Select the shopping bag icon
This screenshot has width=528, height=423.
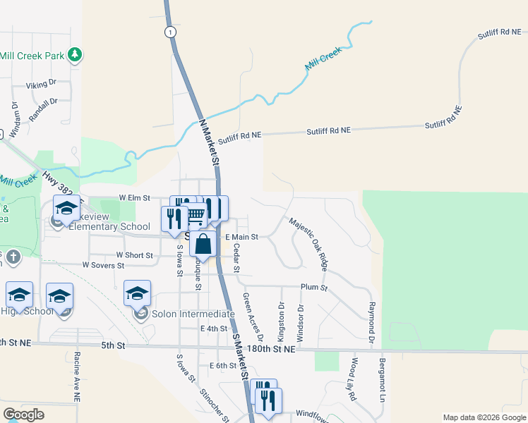point(203,245)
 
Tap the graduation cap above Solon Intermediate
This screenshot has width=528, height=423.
point(137,293)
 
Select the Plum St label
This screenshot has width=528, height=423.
point(314,288)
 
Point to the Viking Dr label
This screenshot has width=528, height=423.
point(41,85)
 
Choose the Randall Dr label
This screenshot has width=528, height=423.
point(43,109)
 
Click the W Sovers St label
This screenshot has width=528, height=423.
point(103,265)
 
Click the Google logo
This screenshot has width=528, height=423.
point(23,415)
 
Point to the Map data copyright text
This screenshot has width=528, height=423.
point(484,417)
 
